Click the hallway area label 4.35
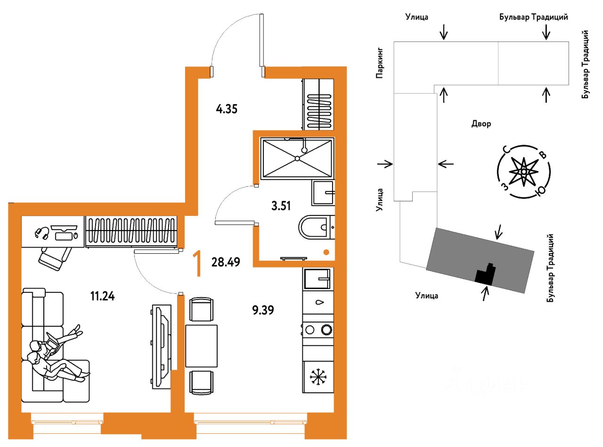click(x=227, y=109)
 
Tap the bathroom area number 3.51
click(x=281, y=206)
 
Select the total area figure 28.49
click(x=226, y=262)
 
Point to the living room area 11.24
click(x=103, y=296)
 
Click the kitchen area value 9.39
click(x=263, y=310)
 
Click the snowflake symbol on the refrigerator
click(x=318, y=377)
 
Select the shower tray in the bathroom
click(x=297, y=158)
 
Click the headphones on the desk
click(x=42, y=233)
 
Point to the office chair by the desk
click(x=55, y=258)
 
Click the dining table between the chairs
click(x=202, y=346)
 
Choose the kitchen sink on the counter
click(x=317, y=279)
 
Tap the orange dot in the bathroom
click(x=326, y=252)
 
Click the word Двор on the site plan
click(x=481, y=124)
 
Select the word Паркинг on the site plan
click(x=380, y=63)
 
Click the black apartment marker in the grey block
click(x=486, y=274)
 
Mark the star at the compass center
click(x=523, y=172)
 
